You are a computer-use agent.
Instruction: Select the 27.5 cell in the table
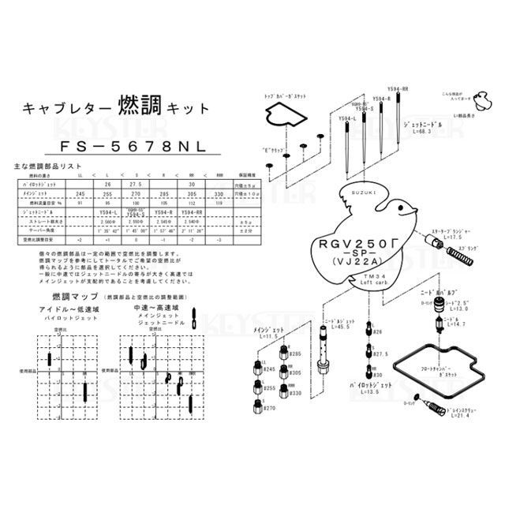pyautogui.click(x=134, y=183)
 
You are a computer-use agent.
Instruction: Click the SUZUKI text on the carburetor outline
pyautogui.click(x=354, y=193)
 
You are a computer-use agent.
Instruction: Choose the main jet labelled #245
pyautogui.click(x=268, y=369)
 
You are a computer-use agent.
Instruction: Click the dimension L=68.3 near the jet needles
pyautogui.click(x=427, y=133)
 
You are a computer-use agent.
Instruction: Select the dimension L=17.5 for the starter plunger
pyautogui.click(x=457, y=237)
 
